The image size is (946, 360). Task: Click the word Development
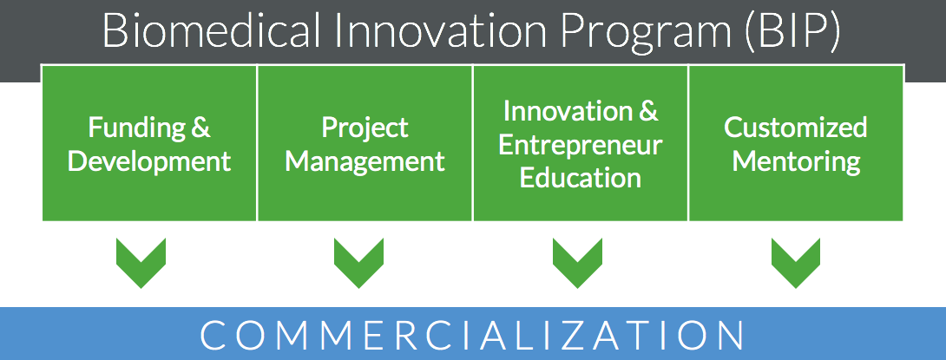point(149,161)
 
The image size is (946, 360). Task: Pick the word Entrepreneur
point(581,146)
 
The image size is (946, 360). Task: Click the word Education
point(581,179)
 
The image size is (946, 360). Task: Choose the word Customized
point(795,128)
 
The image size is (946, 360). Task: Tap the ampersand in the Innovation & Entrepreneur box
point(648,112)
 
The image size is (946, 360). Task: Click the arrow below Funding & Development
point(141,263)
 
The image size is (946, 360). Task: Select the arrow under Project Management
point(358,263)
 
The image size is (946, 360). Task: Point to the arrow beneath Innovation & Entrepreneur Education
point(577,263)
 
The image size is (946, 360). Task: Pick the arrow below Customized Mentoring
point(796,263)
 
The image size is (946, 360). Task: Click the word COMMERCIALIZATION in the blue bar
point(472,335)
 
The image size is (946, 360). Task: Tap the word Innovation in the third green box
point(564,112)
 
